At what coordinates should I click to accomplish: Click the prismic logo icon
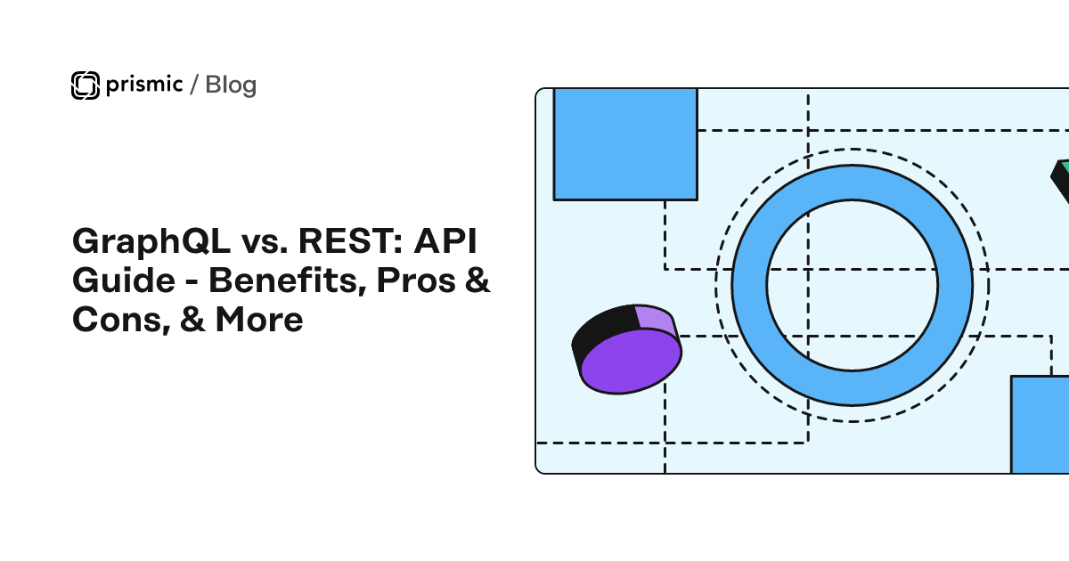86,85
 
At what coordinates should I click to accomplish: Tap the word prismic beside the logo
144,85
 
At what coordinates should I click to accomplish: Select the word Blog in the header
231,85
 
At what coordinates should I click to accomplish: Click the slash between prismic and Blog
194,85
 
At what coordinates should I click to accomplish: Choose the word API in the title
445,241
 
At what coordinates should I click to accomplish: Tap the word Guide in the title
124,280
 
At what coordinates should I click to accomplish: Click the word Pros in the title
416,280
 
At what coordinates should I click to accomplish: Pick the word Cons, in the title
122,321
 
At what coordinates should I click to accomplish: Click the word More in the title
259,320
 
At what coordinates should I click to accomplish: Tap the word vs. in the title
265,244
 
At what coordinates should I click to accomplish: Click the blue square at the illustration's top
625,144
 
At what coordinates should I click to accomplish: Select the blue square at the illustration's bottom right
1040,425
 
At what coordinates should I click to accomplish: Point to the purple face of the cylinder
631,362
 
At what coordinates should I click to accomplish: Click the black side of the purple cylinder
600,330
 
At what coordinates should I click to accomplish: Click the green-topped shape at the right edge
1061,180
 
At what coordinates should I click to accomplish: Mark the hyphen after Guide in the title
192,282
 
